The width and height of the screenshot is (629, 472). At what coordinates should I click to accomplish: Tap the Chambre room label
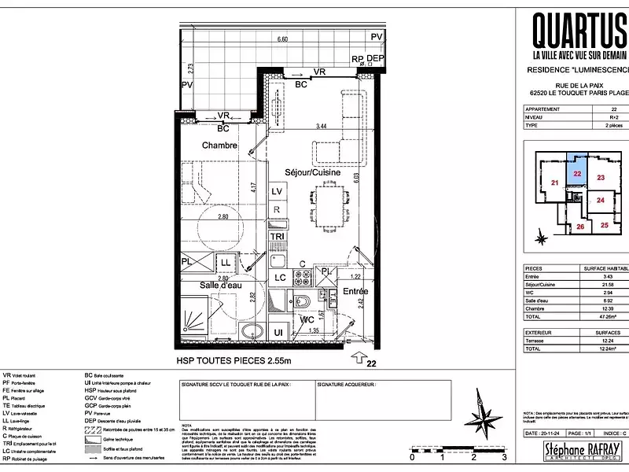(x=219, y=146)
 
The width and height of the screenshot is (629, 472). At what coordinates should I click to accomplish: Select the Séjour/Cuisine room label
(x=311, y=171)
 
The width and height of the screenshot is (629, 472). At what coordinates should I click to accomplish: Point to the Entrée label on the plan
(x=355, y=292)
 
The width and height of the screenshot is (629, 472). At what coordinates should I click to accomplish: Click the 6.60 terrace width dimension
(x=282, y=39)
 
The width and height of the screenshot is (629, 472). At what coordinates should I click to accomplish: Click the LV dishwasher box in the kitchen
(x=277, y=192)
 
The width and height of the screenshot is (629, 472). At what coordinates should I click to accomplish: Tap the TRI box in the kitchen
(x=277, y=236)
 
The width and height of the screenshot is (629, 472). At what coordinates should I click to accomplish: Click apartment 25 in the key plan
(x=605, y=225)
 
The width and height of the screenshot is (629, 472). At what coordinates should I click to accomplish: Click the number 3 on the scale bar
(x=504, y=457)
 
